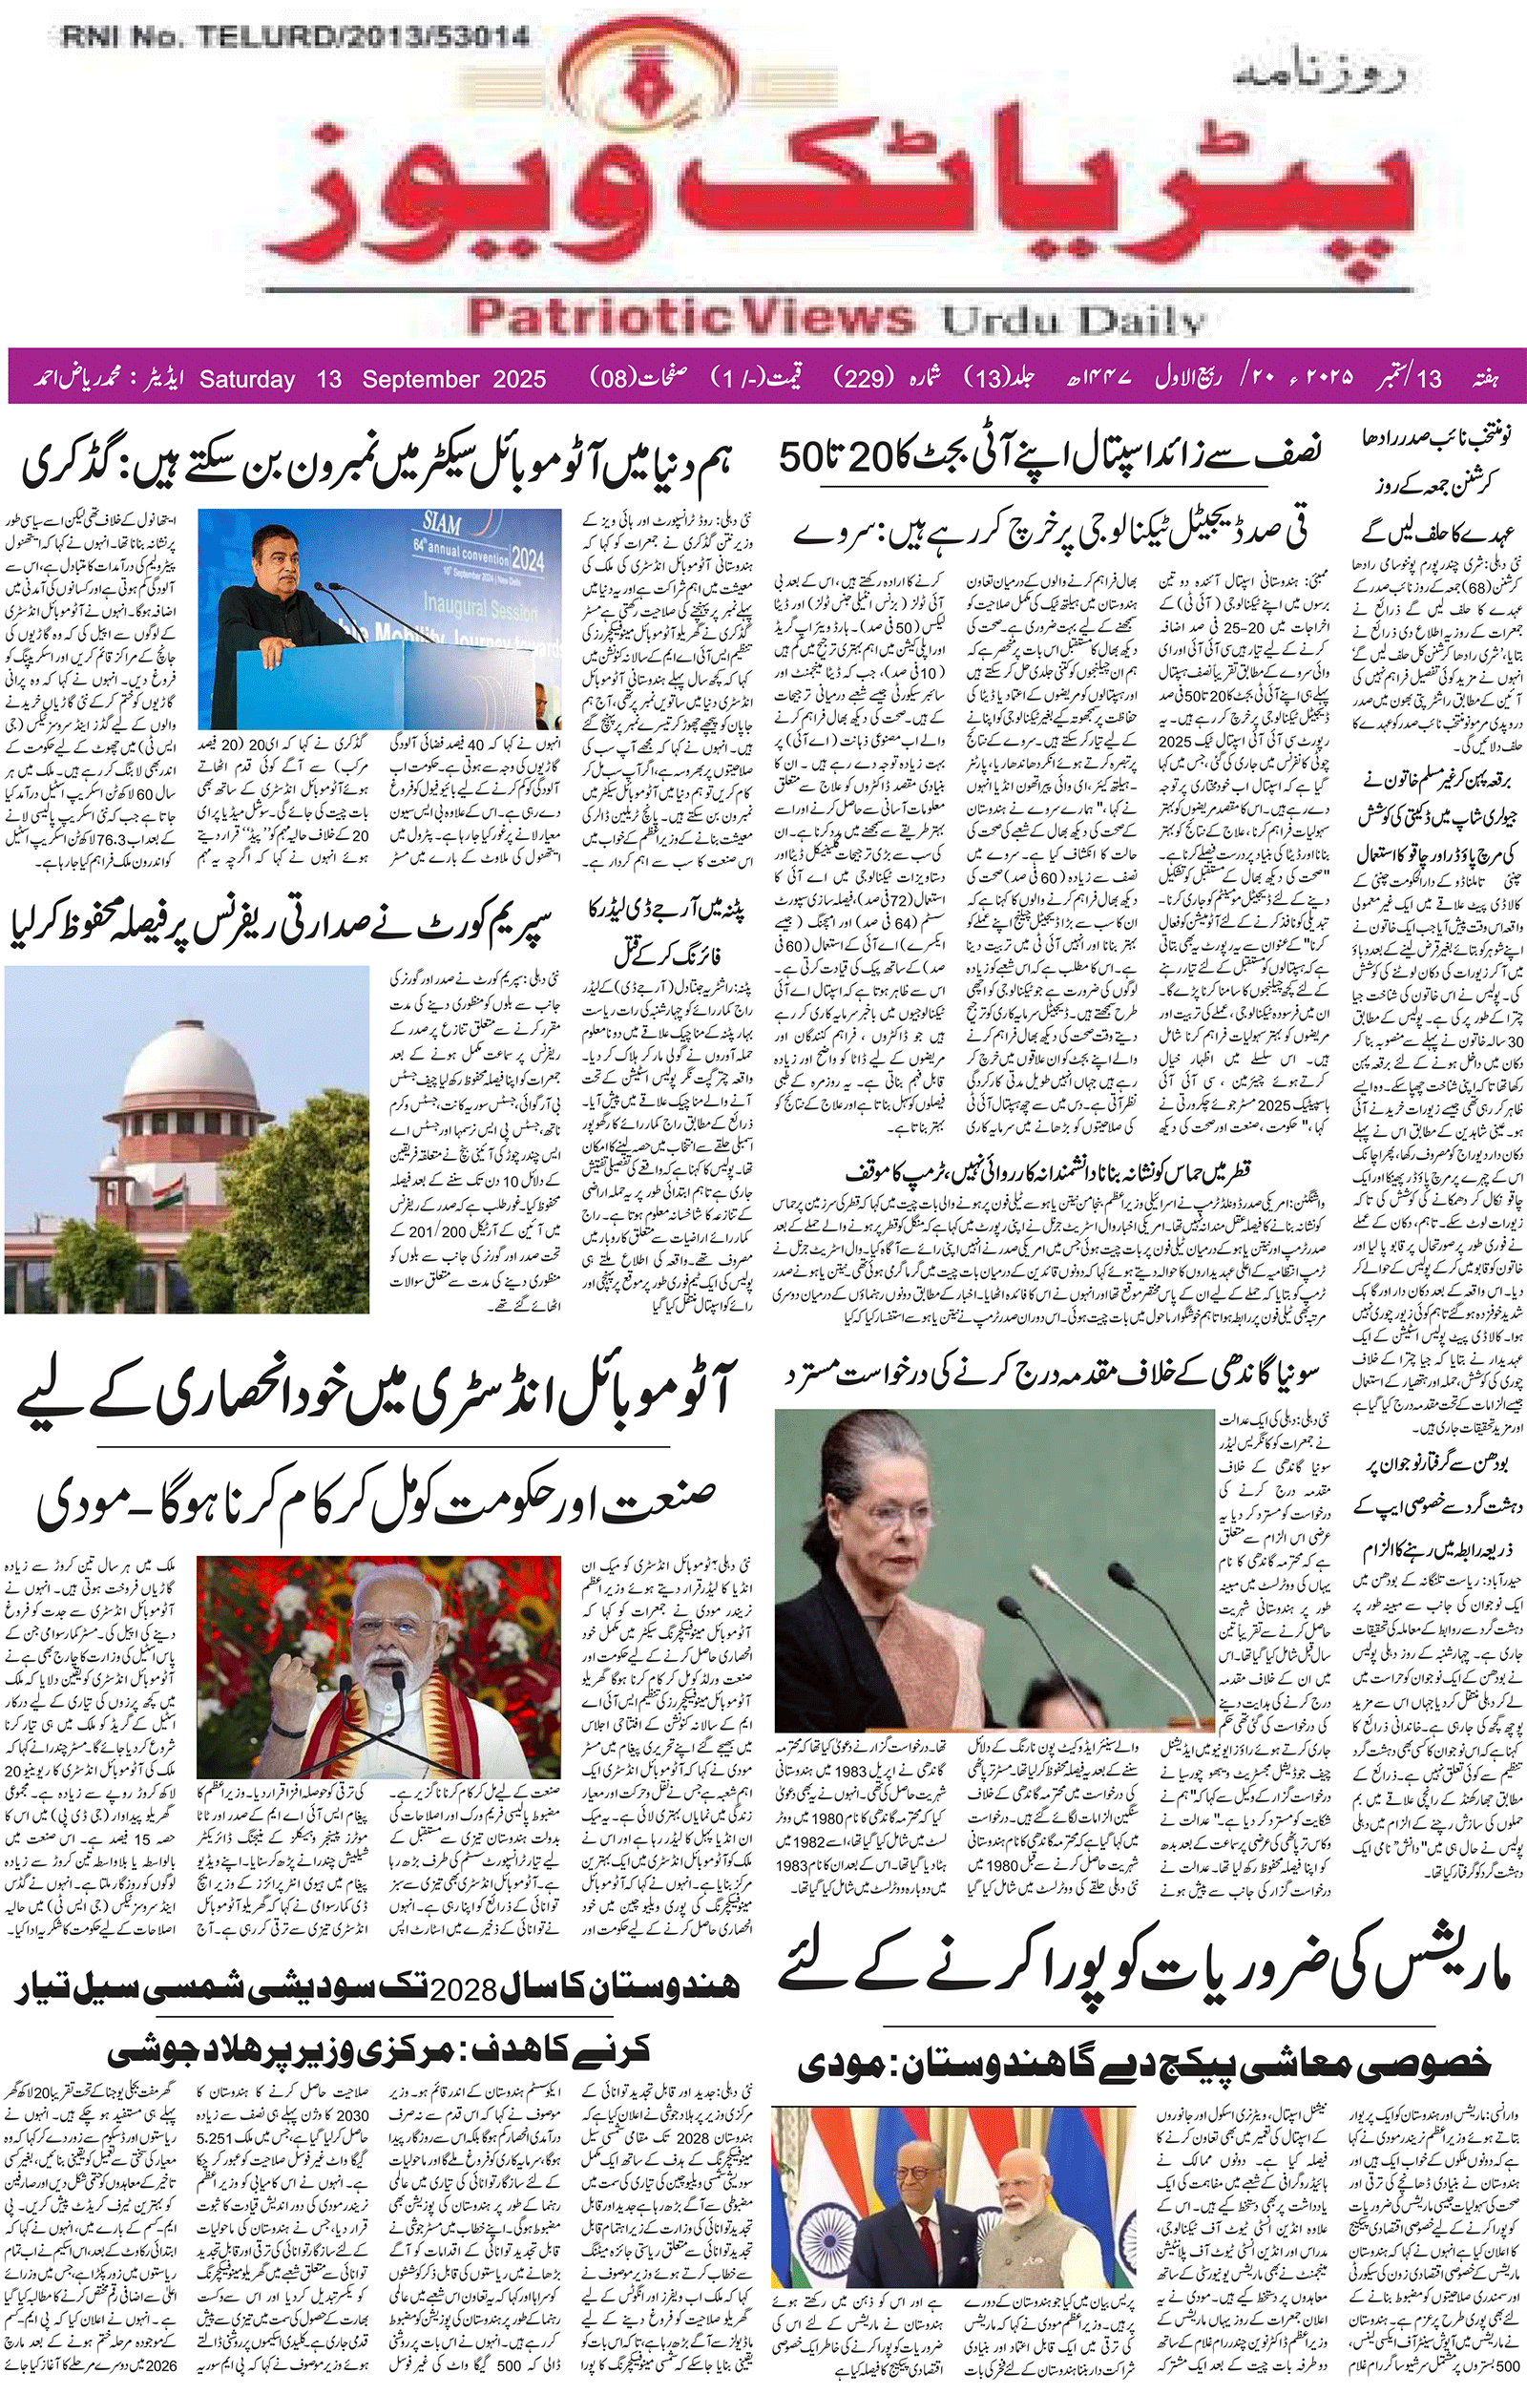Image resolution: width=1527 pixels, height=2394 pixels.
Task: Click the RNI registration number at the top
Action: [295, 38]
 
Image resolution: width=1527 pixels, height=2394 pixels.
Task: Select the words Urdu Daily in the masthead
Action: [1074, 320]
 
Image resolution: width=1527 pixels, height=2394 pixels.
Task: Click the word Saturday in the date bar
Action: [247, 379]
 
